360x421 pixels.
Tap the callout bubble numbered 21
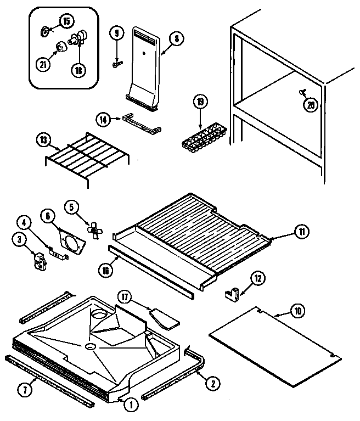coord(43,64)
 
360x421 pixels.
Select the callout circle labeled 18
coord(80,70)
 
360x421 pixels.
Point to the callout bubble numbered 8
coord(177,39)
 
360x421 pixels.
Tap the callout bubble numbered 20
coord(312,106)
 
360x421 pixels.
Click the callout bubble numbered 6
coord(49,217)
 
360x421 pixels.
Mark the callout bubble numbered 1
coord(131,406)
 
